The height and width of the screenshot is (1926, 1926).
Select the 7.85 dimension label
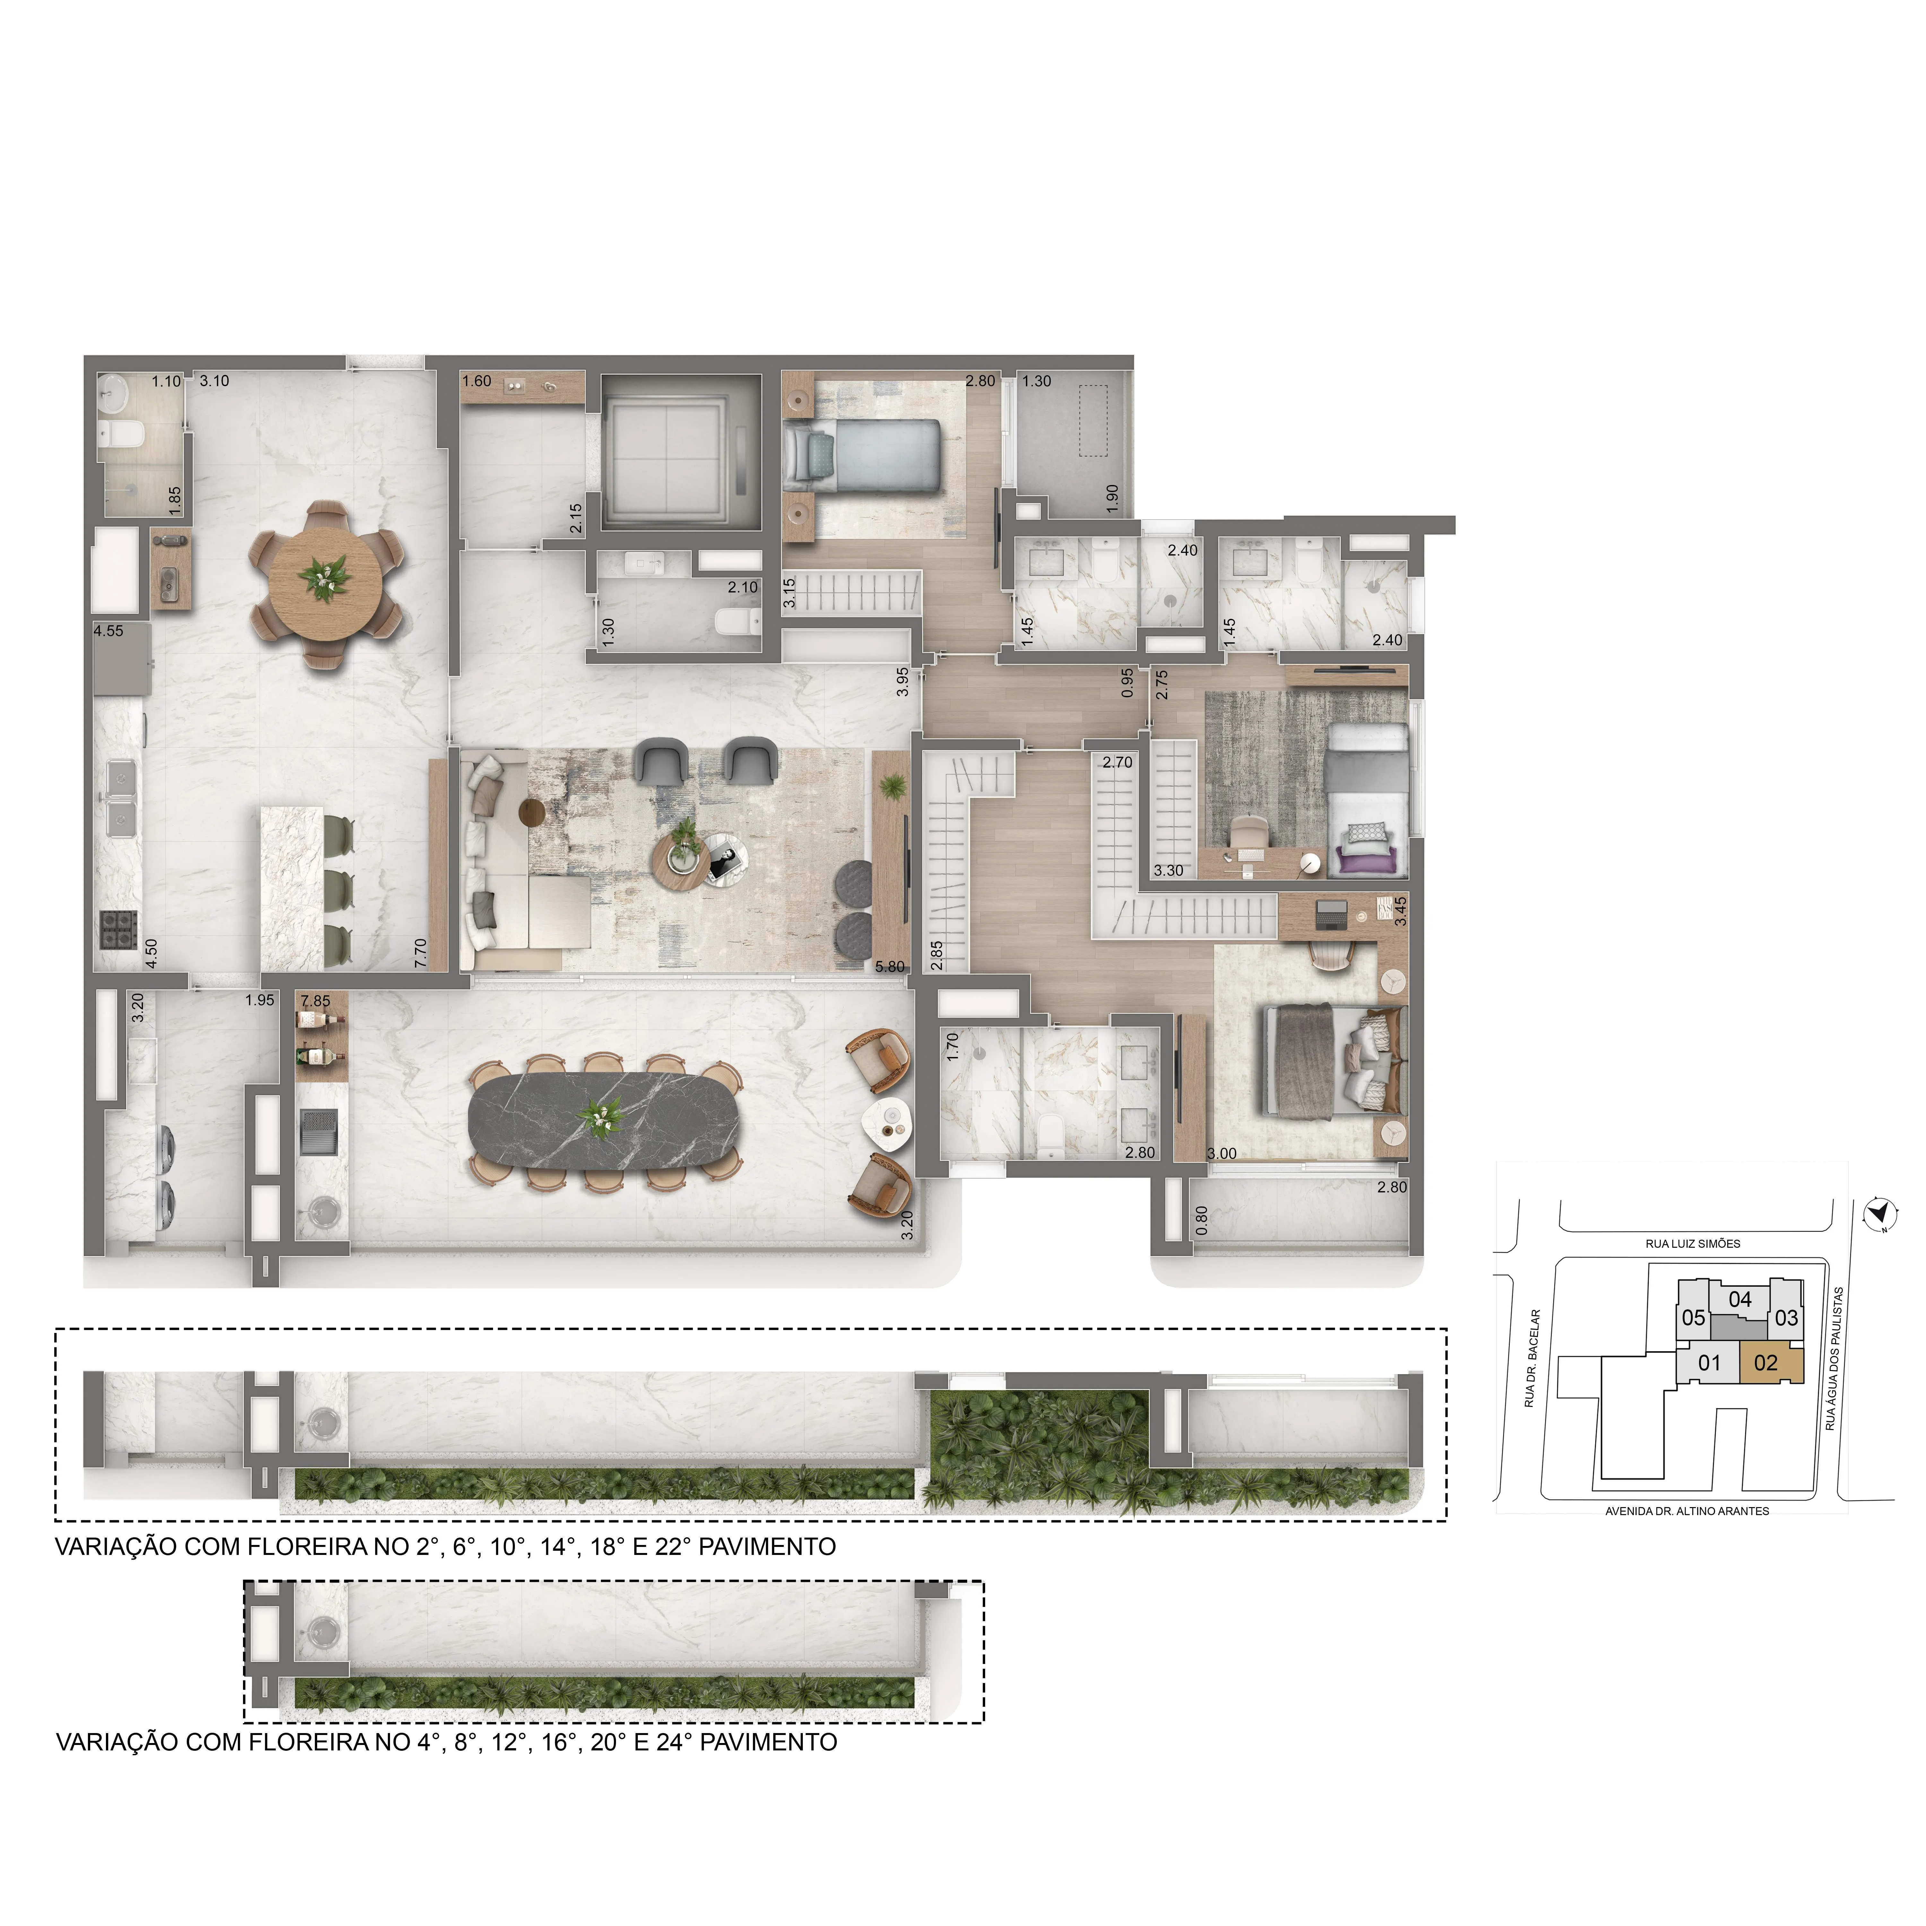tap(315, 1001)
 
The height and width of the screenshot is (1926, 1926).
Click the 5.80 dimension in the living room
tap(889, 966)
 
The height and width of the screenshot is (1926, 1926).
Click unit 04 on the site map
tap(1739, 1299)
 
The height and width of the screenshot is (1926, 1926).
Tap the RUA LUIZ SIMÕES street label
tap(1693, 1244)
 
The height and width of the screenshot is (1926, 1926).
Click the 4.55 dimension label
tap(109, 631)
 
